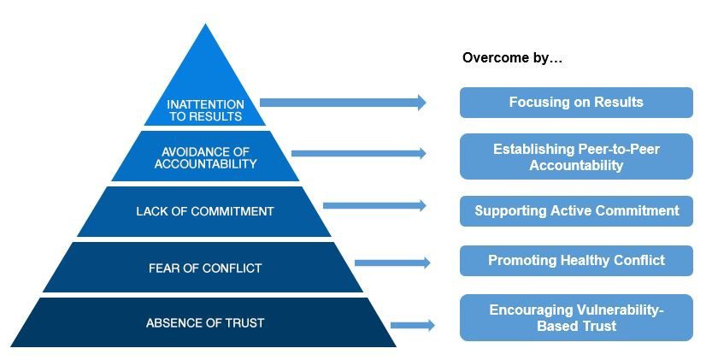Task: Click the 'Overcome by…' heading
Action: click(x=512, y=58)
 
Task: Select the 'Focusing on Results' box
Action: click(x=576, y=103)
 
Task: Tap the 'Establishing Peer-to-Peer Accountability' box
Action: click(x=576, y=157)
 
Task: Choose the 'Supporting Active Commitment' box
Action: click(x=576, y=210)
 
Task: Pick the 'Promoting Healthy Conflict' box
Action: click(x=576, y=260)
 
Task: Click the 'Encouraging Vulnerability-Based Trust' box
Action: click(x=576, y=318)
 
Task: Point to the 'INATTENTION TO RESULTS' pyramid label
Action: click(x=205, y=109)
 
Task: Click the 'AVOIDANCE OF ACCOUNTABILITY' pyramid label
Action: click(x=205, y=157)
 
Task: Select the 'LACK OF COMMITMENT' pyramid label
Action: click(x=205, y=211)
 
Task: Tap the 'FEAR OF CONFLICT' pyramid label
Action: click(x=205, y=268)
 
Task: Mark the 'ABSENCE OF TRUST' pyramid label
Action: click(x=205, y=323)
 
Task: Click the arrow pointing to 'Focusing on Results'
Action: click(x=342, y=103)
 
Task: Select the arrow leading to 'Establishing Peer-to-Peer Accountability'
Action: click(x=358, y=154)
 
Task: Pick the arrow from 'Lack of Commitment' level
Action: click(x=374, y=205)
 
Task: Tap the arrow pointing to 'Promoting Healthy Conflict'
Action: click(x=392, y=263)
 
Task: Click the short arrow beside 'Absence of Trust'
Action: click(x=412, y=325)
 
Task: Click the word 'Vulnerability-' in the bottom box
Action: click(x=615, y=310)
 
